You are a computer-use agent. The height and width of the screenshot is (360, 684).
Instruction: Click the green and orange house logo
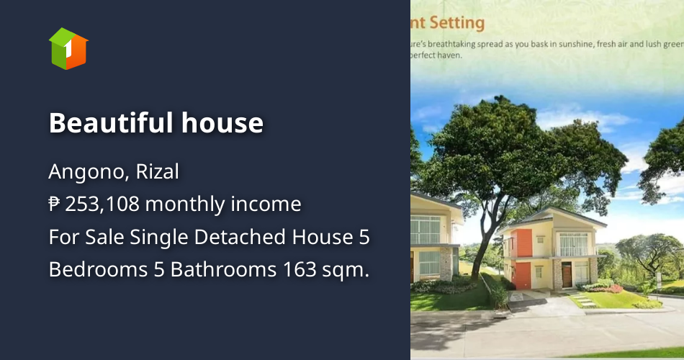click(x=68, y=48)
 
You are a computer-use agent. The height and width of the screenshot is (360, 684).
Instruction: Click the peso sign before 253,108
click(x=55, y=205)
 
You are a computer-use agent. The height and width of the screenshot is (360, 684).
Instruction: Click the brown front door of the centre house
click(x=566, y=274)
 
